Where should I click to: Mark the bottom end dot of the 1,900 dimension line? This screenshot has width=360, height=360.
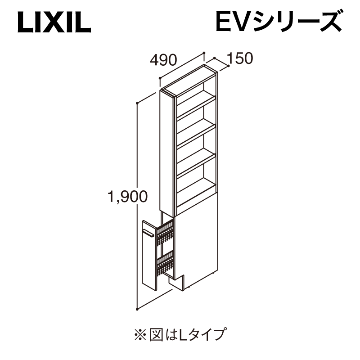click(x=137, y=309)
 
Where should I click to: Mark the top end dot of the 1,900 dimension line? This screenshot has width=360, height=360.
click(x=137, y=103)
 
